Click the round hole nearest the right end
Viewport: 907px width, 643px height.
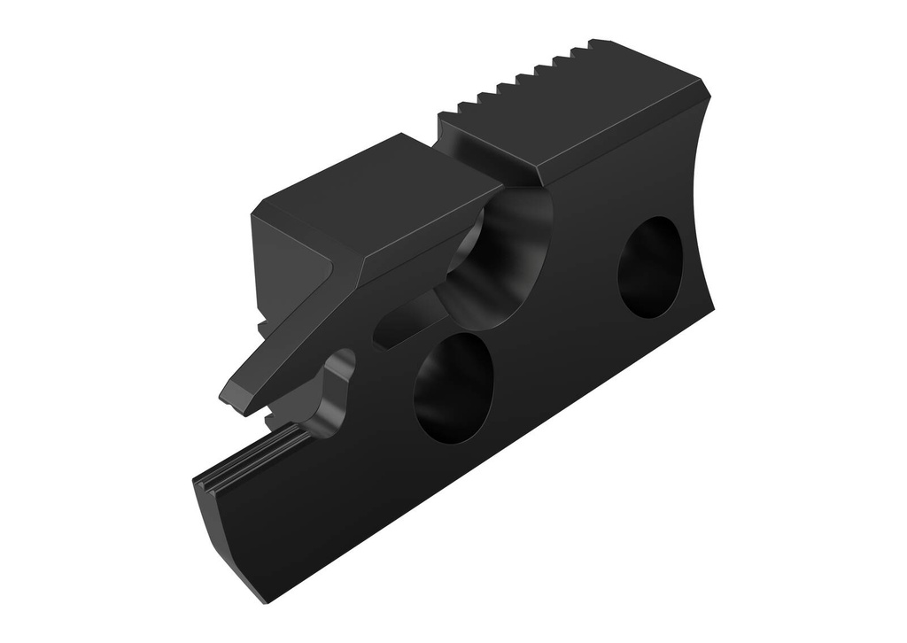[x=650, y=267]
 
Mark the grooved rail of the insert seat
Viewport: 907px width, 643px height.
[x=252, y=456]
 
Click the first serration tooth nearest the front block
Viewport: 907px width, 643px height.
[x=461, y=111]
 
